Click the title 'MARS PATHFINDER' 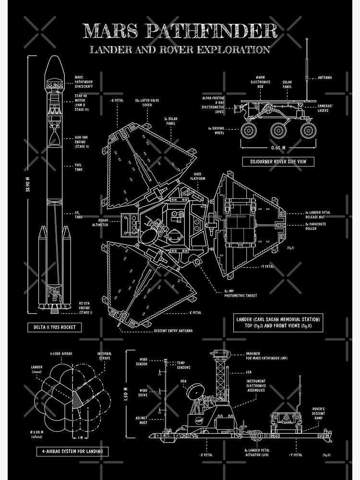point(180,31)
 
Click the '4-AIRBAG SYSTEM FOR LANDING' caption point(72,451)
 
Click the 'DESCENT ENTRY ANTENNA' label point(173,331)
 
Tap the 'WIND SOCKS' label point(144,393)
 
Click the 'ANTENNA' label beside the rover point(325,77)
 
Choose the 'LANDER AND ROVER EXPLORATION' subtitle point(180,49)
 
